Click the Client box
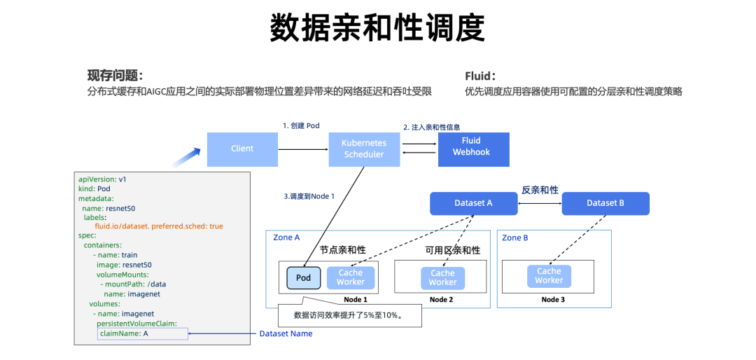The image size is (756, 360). click(242, 148)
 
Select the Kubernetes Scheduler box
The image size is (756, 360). click(363, 148)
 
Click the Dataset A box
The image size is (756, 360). click(473, 203)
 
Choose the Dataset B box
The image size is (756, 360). click(605, 203)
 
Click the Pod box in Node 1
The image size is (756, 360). click(303, 278)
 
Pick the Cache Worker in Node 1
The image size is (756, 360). click(351, 277)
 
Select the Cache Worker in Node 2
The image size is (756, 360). click(442, 278)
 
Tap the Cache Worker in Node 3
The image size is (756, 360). click(549, 276)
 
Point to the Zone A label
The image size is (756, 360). click(287, 238)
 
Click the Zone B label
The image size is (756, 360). click(515, 238)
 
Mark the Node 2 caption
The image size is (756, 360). click(441, 300)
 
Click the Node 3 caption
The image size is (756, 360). click(553, 300)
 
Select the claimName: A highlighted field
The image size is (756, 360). click(143, 334)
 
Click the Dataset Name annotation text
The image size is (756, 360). click(286, 334)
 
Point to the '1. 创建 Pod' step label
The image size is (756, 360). click(301, 125)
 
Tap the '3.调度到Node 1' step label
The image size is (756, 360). click(309, 197)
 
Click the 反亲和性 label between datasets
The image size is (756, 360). click(540, 190)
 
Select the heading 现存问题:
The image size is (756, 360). click(115, 76)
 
